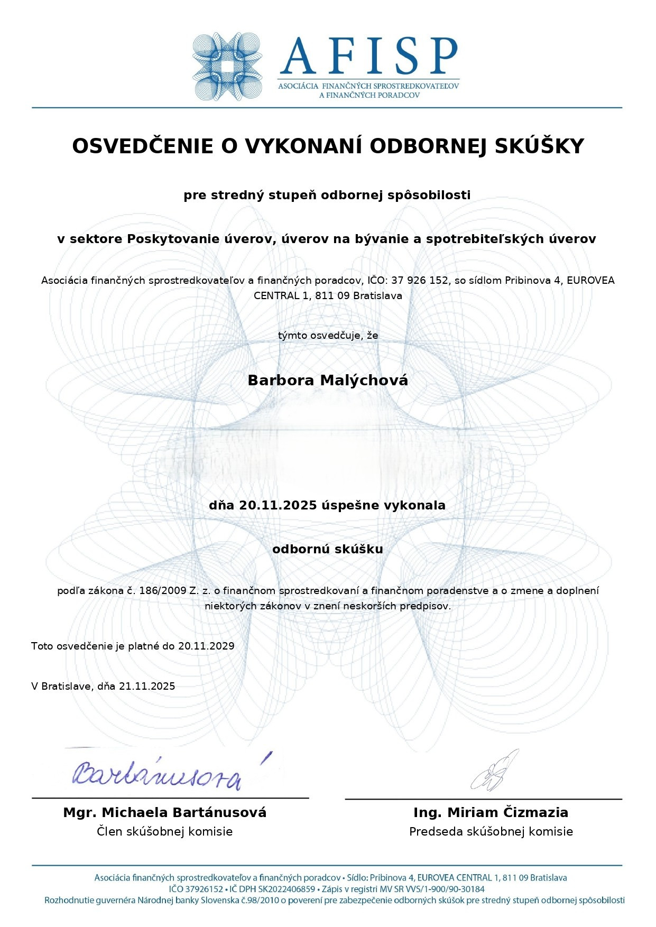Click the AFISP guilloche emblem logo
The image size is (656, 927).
227,67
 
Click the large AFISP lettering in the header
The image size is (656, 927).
368,55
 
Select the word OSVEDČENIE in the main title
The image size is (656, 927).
142,146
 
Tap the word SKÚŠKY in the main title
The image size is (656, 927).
539,146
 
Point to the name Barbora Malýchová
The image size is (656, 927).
328,381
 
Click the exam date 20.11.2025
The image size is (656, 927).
278,505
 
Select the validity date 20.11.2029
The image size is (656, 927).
206,646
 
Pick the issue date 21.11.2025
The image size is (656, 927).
147,686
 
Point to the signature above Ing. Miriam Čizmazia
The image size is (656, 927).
495,772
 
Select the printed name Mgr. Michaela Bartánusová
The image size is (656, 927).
165,812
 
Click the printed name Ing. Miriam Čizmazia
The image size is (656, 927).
491,812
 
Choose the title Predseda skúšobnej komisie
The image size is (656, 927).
491,831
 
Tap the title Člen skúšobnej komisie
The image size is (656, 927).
165,831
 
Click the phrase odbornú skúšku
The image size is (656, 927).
328,549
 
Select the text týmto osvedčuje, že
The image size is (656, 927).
328,335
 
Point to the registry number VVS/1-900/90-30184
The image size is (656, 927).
445,889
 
